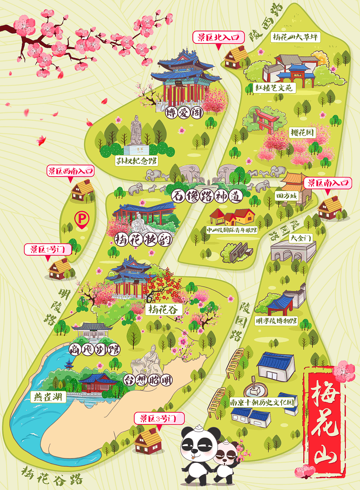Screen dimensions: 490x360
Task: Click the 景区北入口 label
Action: click(x=218, y=37)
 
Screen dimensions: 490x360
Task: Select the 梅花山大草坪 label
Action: click(x=295, y=37)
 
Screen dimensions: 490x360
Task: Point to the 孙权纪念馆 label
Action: click(x=136, y=161)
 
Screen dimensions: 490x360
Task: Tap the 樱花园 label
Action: click(x=302, y=133)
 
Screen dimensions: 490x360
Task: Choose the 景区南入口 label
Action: click(x=328, y=183)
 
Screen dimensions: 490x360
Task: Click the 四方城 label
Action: click(x=286, y=196)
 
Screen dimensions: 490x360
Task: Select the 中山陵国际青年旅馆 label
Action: click(x=232, y=230)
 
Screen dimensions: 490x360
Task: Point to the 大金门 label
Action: click(x=301, y=238)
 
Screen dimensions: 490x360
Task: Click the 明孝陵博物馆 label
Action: click(x=276, y=321)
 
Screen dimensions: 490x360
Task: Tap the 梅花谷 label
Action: click(x=163, y=310)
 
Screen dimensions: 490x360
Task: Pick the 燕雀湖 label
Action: click(x=48, y=397)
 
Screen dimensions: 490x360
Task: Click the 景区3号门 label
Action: click(x=159, y=419)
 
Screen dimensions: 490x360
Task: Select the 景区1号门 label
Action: click(x=48, y=249)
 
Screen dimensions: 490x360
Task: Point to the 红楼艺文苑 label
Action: click(x=274, y=88)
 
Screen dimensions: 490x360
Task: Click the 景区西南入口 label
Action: click(x=70, y=171)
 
